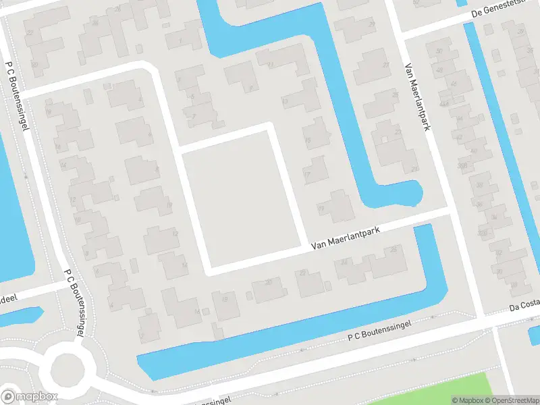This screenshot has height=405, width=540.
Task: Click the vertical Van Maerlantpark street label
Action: [417, 97]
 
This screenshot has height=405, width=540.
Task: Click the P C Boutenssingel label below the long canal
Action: [380, 329]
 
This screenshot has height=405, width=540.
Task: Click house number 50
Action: [439, 51]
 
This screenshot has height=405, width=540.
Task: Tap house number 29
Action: [372, 24]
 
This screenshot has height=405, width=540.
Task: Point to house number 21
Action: [414, 169]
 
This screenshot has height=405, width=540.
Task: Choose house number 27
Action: [385, 65]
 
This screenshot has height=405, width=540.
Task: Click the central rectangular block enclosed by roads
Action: [240, 199]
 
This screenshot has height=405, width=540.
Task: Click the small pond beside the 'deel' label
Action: [20, 316]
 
